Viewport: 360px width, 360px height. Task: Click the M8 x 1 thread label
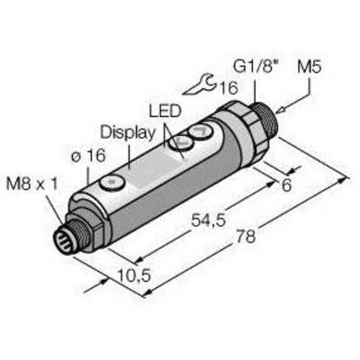click(32, 184)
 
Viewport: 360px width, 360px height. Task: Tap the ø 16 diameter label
click(88, 156)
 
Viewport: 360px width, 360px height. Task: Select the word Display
click(128, 133)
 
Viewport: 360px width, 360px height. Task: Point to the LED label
click(166, 111)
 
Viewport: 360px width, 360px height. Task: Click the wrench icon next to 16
click(200, 87)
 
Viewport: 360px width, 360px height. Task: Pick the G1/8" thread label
click(255, 67)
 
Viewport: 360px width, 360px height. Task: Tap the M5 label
click(309, 67)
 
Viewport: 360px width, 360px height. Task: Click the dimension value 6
click(286, 185)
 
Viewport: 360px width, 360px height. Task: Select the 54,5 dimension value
click(208, 220)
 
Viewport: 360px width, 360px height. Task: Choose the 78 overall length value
click(246, 236)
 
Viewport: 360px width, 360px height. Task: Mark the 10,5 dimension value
click(134, 275)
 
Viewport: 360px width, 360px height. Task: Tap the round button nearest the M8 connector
click(112, 182)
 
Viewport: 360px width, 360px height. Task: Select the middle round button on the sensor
click(182, 142)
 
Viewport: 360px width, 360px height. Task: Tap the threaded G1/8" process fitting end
click(266, 119)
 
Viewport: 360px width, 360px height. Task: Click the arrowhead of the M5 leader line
click(281, 111)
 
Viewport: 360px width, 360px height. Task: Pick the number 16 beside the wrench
click(229, 87)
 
